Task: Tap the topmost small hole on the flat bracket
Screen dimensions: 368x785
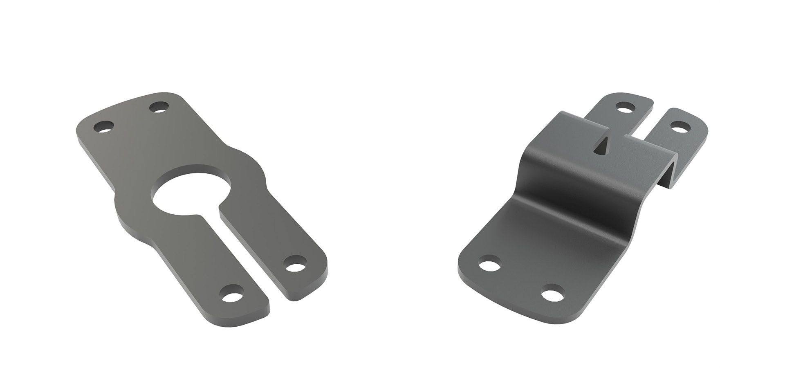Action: coord(159,108)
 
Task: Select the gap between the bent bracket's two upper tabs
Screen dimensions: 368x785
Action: coord(650,125)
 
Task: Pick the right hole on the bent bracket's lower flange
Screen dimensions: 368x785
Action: coord(551,294)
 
